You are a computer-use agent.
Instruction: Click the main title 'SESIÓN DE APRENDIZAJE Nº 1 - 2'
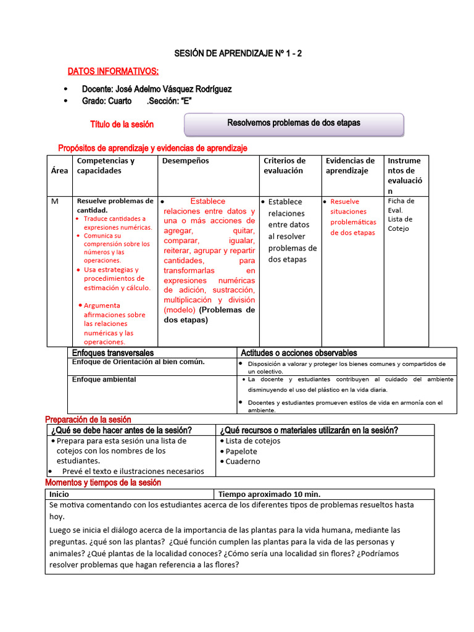(237, 54)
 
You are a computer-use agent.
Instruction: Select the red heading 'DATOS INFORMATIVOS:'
(112, 72)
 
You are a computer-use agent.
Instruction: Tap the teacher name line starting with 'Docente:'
(157, 89)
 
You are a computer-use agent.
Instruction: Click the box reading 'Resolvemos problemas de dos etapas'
(294, 123)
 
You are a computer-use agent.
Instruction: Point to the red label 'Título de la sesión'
(122, 125)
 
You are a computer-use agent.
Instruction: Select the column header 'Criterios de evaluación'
(285, 165)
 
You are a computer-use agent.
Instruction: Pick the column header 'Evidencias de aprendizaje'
(350, 165)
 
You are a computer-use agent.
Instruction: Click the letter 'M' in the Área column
(55, 202)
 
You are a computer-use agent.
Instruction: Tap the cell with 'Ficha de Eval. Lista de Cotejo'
(401, 215)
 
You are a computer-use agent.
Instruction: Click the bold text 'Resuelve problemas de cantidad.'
(115, 206)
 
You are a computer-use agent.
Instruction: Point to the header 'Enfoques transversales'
(113, 353)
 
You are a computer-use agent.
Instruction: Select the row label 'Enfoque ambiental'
(104, 380)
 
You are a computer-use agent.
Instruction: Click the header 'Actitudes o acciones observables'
(299, 353)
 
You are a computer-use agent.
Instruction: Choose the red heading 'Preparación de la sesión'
(94, 420)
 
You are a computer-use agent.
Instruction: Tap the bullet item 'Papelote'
(241, 451)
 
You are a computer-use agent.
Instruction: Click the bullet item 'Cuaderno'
(242, 461)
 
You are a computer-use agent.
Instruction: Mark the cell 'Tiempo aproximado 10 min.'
(269, 494)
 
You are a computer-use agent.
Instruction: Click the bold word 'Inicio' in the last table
(59, 494)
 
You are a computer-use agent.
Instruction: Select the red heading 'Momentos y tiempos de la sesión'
(103, 483)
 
